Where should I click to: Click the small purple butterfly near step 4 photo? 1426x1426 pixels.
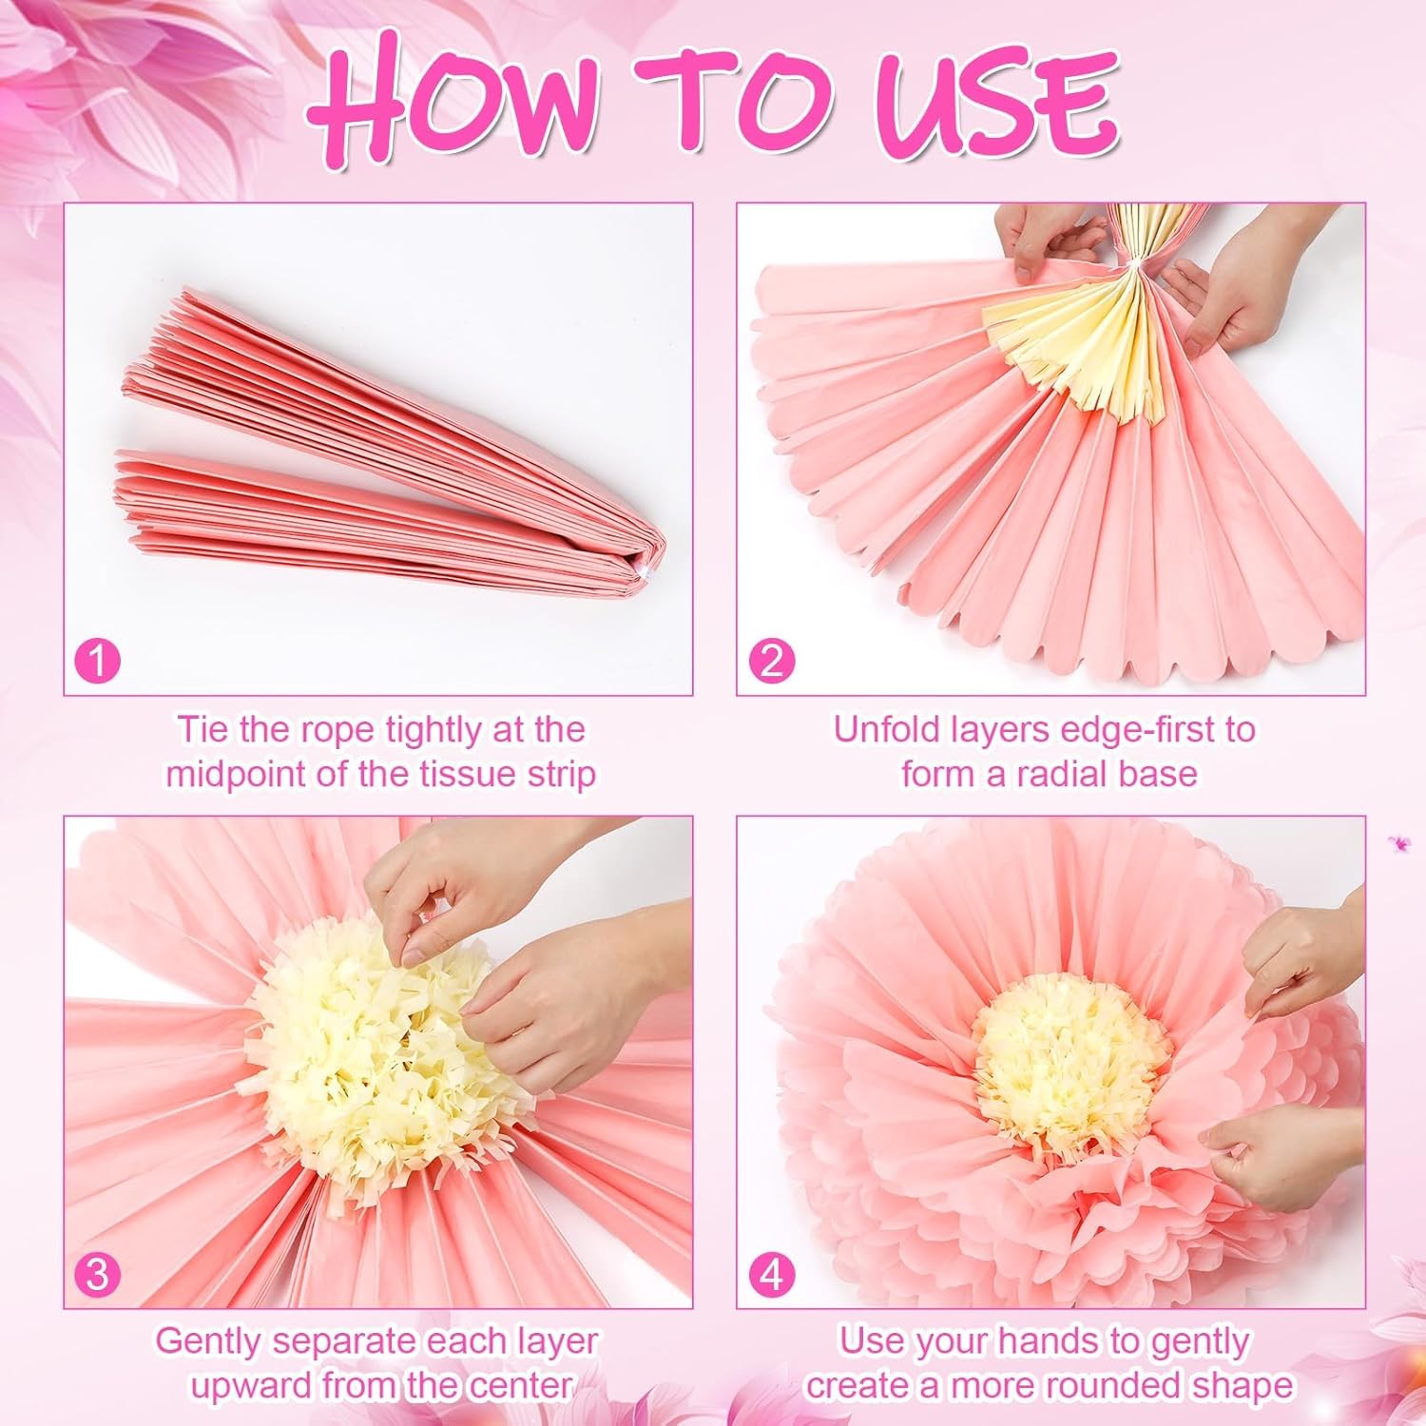pos(1397,841)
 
